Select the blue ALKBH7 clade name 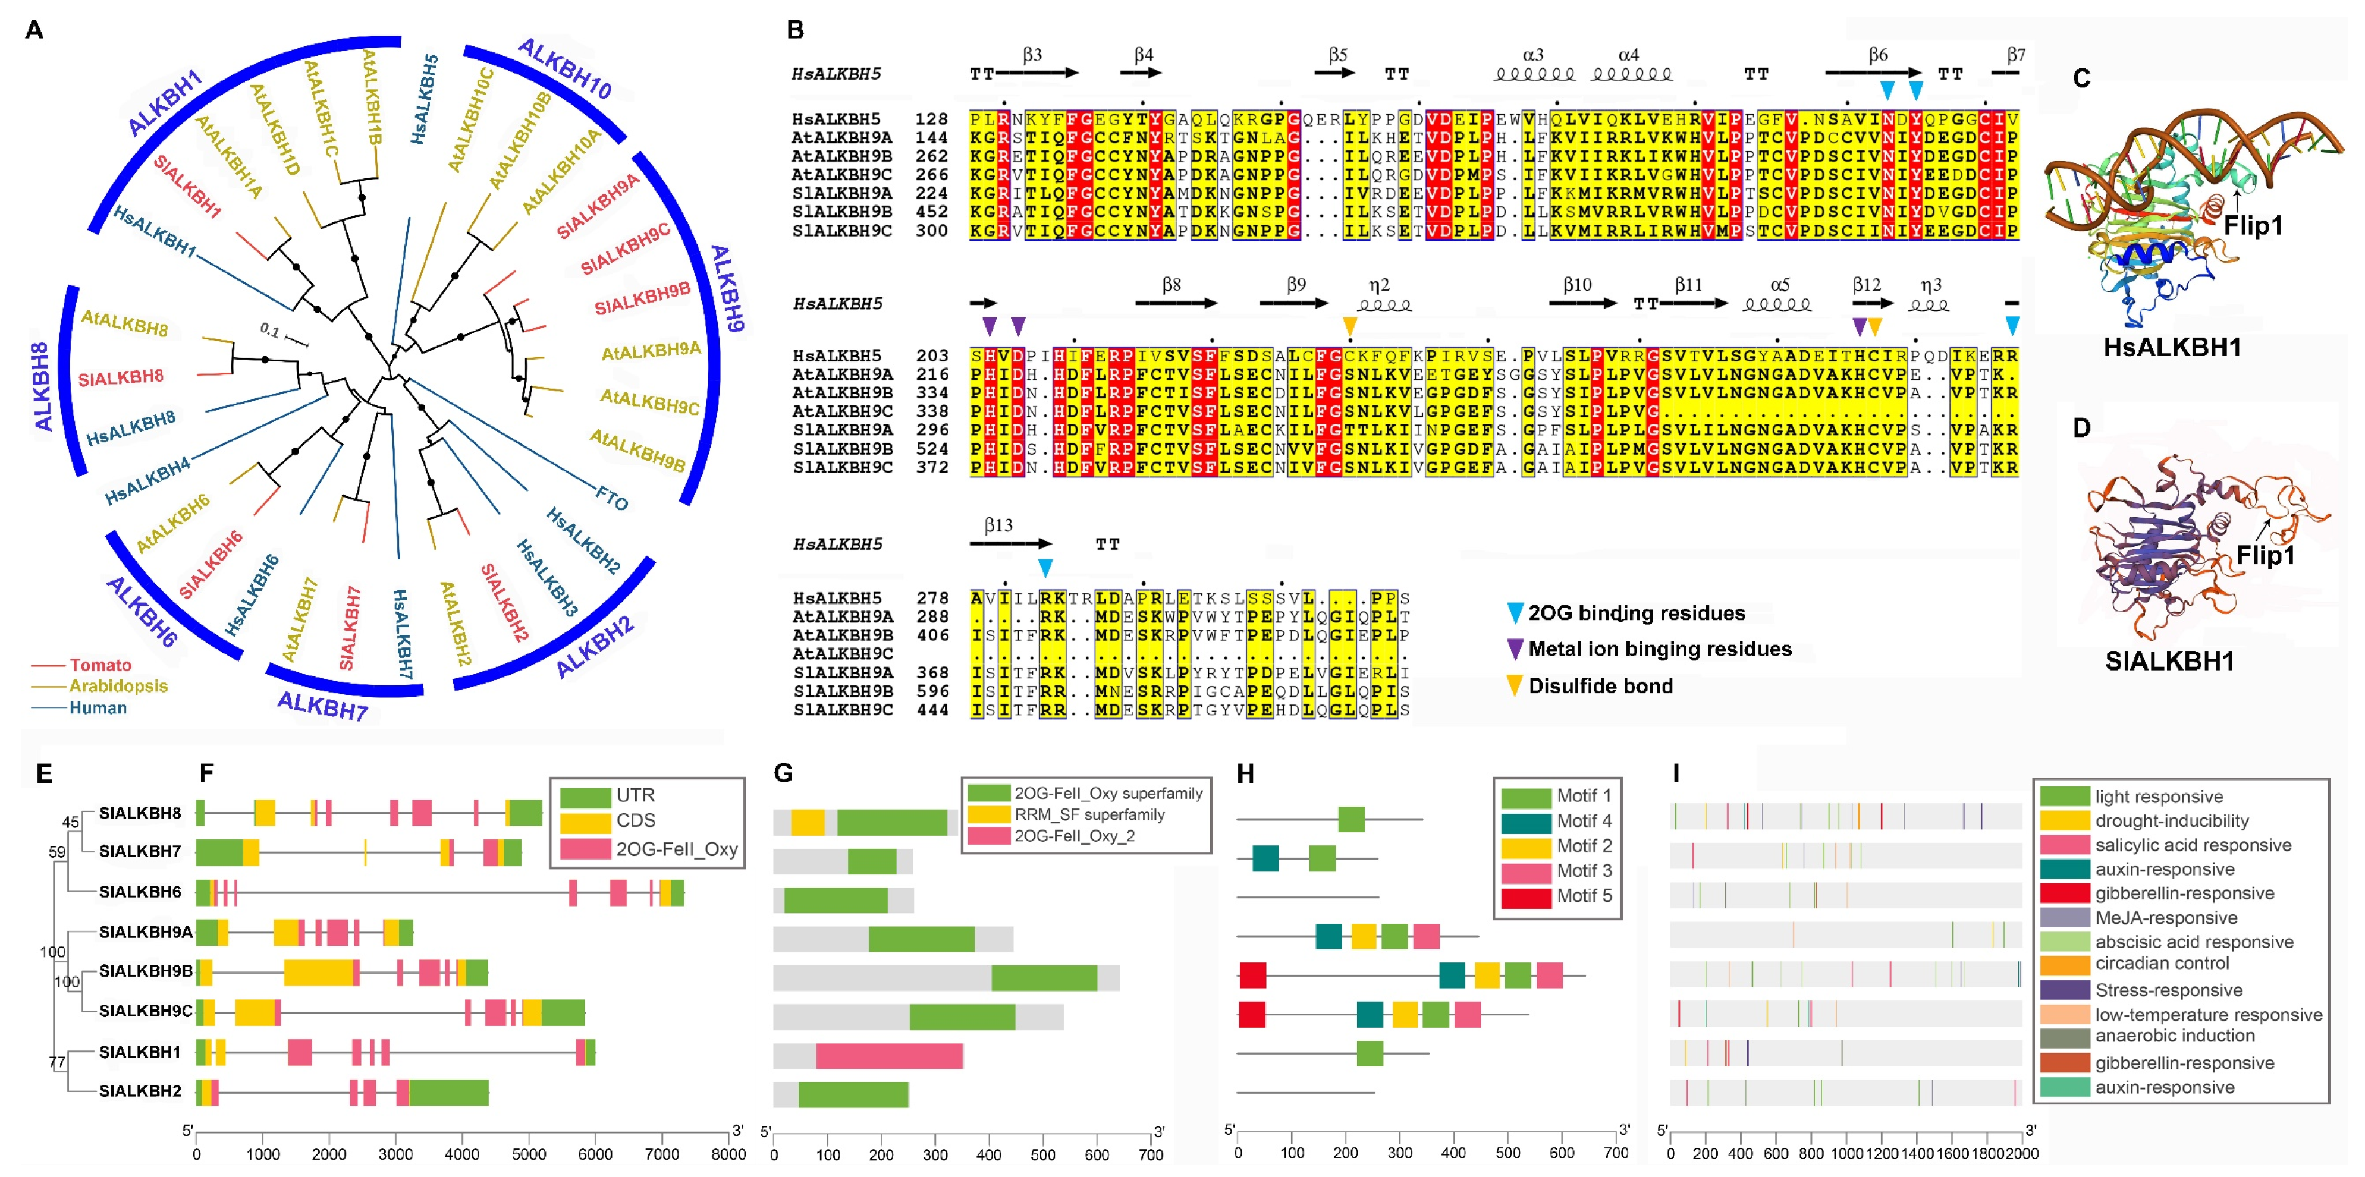(x=322, y=705)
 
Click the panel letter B (x=795, y=30)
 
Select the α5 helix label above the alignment (x=1779, y=285)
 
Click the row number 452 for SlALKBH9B (x=931, y=211)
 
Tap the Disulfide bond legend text (x=1600, y=686)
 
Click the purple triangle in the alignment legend (x=1515, y=649)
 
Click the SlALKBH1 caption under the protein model (x=2169, y=661)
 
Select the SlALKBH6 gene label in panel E (x=140, y=892)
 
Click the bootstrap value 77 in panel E (x=57, y=1062)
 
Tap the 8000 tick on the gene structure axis (x=728, y=1154)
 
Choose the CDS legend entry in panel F (x=635, y=820)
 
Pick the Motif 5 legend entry (x=1584, y=895)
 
